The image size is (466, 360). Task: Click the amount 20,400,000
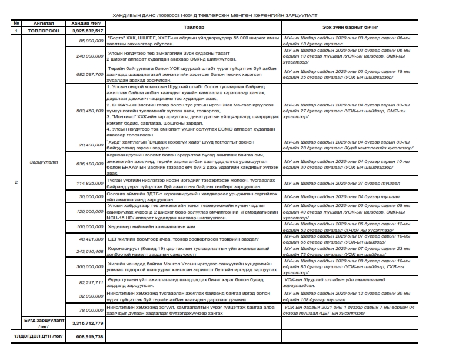[91, 144]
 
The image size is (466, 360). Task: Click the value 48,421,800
[91, 240]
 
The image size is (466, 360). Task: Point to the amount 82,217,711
[91, 283]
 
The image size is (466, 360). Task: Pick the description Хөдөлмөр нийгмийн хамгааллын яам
[145, 226]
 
